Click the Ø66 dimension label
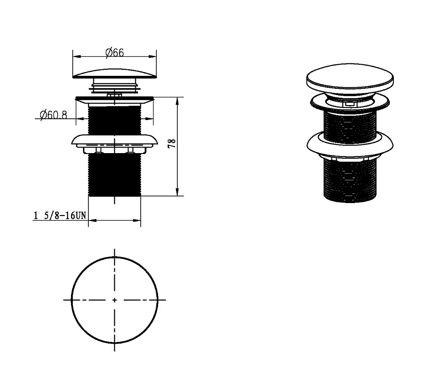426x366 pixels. pos(114,52)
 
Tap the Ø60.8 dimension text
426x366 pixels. pos(53,115)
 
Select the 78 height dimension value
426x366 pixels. pos(172,143)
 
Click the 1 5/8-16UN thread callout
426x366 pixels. pos(59,216)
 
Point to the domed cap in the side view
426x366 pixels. pos(115,74)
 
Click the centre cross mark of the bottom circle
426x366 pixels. pos(114,300)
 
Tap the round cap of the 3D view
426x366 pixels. pos(350,77)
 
